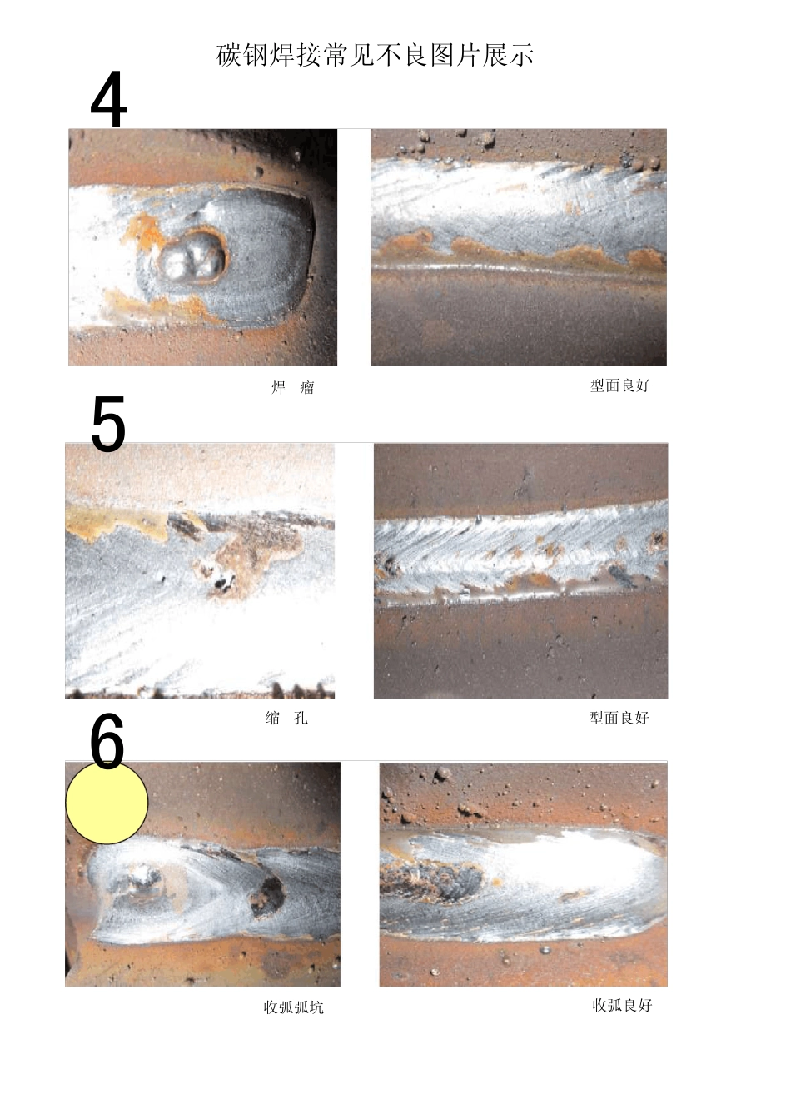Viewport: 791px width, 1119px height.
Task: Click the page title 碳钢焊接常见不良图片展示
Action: tap(376, 55)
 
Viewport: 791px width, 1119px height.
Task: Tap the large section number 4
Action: tap(108, 99)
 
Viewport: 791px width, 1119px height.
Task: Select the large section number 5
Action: tap(108, 424)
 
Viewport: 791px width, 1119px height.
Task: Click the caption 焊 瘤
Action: tap(293, 387)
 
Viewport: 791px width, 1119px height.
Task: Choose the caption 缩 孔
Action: tap(286, 718)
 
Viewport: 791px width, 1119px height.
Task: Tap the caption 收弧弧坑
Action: tap(293, 1007)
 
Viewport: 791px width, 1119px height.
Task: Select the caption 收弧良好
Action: tap(622, 1005)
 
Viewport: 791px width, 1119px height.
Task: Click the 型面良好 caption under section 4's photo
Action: tap(620, 385)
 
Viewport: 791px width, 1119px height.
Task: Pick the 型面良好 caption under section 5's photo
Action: tap(619, 718)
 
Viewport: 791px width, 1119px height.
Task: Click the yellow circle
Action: tap(107, 803)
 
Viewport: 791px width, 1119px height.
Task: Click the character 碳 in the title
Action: tap(228, 55)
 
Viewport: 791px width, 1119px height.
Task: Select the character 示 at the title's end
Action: tap(522, 55)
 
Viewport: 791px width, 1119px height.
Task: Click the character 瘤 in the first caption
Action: tap(307, 387)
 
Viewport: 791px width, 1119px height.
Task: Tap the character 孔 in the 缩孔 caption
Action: tap(301, 718)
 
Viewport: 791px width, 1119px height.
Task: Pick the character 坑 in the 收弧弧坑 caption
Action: tap(316, 1007)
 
